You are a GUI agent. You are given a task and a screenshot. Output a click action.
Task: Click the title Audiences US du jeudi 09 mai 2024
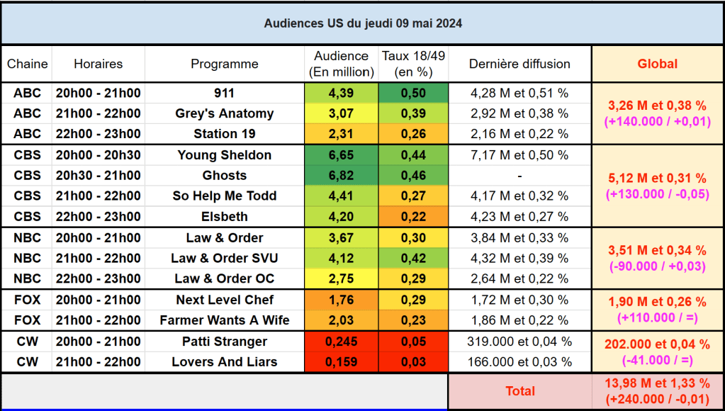[363, 23]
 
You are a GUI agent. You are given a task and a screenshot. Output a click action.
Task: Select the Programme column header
[225, 64]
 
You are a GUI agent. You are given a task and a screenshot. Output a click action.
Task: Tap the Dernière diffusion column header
[519, 64]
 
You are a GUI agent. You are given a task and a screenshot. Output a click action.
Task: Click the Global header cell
[657, 64]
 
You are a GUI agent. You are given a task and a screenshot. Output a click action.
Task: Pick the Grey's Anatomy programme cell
[225, 113]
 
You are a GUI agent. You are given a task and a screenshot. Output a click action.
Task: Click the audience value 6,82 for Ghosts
[341, 176]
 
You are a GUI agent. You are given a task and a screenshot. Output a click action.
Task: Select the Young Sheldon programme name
[225, 155]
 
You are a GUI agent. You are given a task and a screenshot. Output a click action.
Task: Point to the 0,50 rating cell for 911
[413, 93]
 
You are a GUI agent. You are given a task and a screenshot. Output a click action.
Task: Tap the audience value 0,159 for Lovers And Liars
[341, 362]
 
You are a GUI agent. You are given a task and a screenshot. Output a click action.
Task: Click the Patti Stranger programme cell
[225, 342]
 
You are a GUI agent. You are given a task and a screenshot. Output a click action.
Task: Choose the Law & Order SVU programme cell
[225, 259]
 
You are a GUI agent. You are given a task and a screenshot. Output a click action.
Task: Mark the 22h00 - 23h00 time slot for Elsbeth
[98, 217]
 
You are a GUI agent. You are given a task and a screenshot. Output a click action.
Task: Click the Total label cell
[519, 391]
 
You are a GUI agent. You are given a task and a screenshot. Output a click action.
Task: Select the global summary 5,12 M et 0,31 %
[657, 179]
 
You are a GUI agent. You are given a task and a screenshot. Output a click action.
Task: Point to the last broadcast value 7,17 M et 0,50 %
[519, 155]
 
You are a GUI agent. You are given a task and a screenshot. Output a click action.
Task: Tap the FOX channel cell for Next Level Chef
[27, 300]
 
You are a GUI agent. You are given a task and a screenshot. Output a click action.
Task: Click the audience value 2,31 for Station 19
[341, 134]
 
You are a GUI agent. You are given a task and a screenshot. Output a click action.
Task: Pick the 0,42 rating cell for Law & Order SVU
[413, 259]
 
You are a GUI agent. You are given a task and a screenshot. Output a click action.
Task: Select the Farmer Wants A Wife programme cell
[225, 320]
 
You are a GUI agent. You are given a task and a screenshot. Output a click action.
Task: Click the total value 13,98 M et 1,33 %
[657, 383]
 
